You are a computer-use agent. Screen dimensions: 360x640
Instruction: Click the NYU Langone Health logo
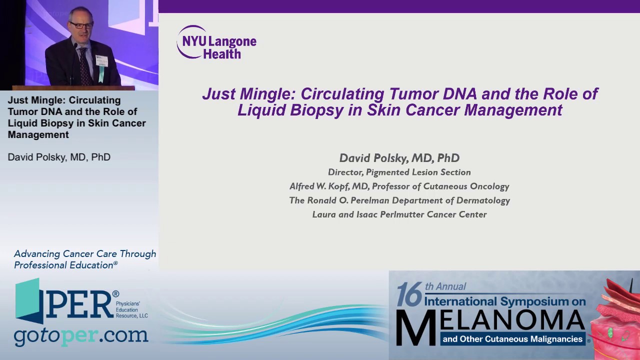point(216,42)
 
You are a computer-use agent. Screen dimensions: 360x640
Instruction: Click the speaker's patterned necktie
point(84,65)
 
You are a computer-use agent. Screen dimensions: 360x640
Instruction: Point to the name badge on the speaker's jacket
point(102,60)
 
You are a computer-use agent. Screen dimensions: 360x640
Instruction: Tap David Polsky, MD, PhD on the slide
point(399,158)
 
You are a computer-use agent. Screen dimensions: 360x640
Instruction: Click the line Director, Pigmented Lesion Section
point(399,172)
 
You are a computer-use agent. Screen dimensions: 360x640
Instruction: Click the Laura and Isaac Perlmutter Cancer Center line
point(399,214)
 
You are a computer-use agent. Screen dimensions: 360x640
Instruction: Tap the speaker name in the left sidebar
point(59,157)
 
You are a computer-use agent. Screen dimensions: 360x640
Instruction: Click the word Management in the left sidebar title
point(38,134)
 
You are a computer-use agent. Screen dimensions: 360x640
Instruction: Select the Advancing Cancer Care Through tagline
point(85,254)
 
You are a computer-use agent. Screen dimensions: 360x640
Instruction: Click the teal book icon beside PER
point(28,300)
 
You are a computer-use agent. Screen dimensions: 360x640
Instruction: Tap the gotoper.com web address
point(81,336)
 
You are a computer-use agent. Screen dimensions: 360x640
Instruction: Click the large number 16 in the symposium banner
point(409,294)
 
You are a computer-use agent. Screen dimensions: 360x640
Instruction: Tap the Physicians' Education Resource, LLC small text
point(131,309)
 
